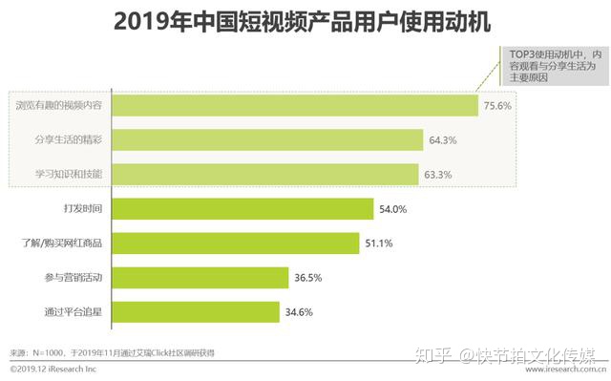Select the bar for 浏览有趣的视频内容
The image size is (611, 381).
(297, 105)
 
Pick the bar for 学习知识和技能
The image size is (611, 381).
(267, 174)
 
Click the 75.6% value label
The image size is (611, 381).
(498, 105)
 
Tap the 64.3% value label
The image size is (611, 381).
(443, 140)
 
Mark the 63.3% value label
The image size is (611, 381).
(439, 175)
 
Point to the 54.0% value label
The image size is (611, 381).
(393, 209)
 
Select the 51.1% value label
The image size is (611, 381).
(380, 243)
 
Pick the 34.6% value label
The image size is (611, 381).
(298, 312)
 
